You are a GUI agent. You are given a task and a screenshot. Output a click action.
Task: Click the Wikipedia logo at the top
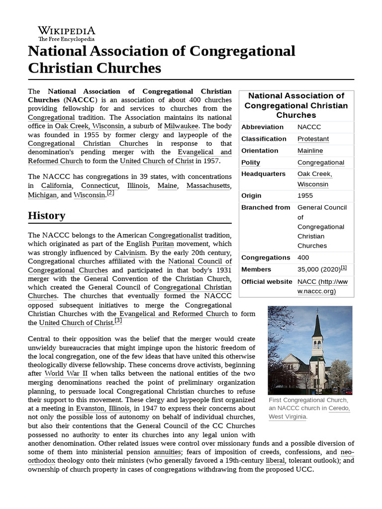tap(66, 33)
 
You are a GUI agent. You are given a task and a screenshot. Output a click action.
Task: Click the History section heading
tap(46, 215)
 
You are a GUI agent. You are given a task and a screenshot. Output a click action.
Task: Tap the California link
tap(56, 185)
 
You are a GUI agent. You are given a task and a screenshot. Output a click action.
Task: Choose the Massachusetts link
tap(209, 185)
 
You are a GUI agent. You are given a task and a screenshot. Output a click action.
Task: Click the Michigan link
tap(42, 195)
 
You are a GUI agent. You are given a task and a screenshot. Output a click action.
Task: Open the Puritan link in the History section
tap(163, 244)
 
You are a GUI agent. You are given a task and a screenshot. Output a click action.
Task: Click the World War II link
tap(67, 373)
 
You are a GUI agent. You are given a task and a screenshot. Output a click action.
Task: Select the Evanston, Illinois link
tap(103, 408)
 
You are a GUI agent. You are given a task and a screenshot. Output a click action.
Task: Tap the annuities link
tap(167, 452)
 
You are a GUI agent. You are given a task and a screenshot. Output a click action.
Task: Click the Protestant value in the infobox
tap(313, 139)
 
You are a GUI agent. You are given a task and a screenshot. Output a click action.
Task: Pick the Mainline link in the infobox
tap(310, 151)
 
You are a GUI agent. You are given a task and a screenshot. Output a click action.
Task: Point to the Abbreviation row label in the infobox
tap(263, 127)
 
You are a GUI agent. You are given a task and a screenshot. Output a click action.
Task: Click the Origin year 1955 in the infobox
tap(305, 196)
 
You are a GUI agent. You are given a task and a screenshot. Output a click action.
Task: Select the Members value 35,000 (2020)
tap(318, 269)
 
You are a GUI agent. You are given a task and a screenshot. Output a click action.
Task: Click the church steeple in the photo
tap(317, 328)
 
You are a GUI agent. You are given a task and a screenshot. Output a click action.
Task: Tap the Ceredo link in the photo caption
tap(340, 408)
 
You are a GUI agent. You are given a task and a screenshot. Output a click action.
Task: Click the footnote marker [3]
tap(118, 321)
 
